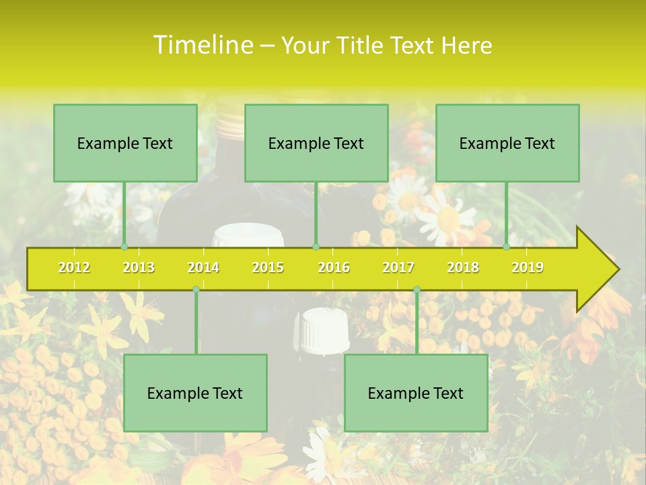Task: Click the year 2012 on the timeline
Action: (x=74, y=268)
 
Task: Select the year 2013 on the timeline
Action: (x=139, y=268)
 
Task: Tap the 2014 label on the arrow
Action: (x=203, y=268)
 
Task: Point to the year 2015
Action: (x=268, y=268)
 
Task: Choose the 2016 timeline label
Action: (x=334, y=268)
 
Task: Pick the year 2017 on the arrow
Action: (x=398, y=268)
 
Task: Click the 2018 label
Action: (x=463, y=268)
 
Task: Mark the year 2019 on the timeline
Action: (x=528, y=268)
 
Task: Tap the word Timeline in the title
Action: (x=202, y=45)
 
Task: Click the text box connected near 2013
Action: (x=125, y=143)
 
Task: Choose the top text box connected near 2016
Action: (x=316, y=143)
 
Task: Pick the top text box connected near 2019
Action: (x=507, y=143)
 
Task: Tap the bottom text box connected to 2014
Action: (x=195, y=393)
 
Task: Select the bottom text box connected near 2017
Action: (x=416, y=393)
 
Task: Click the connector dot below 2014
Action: (x=196, y=289)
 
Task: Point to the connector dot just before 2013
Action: (x=124, y=247)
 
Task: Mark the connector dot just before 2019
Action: (x=506, y=247)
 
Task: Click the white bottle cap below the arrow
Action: (x=325, y=329)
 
